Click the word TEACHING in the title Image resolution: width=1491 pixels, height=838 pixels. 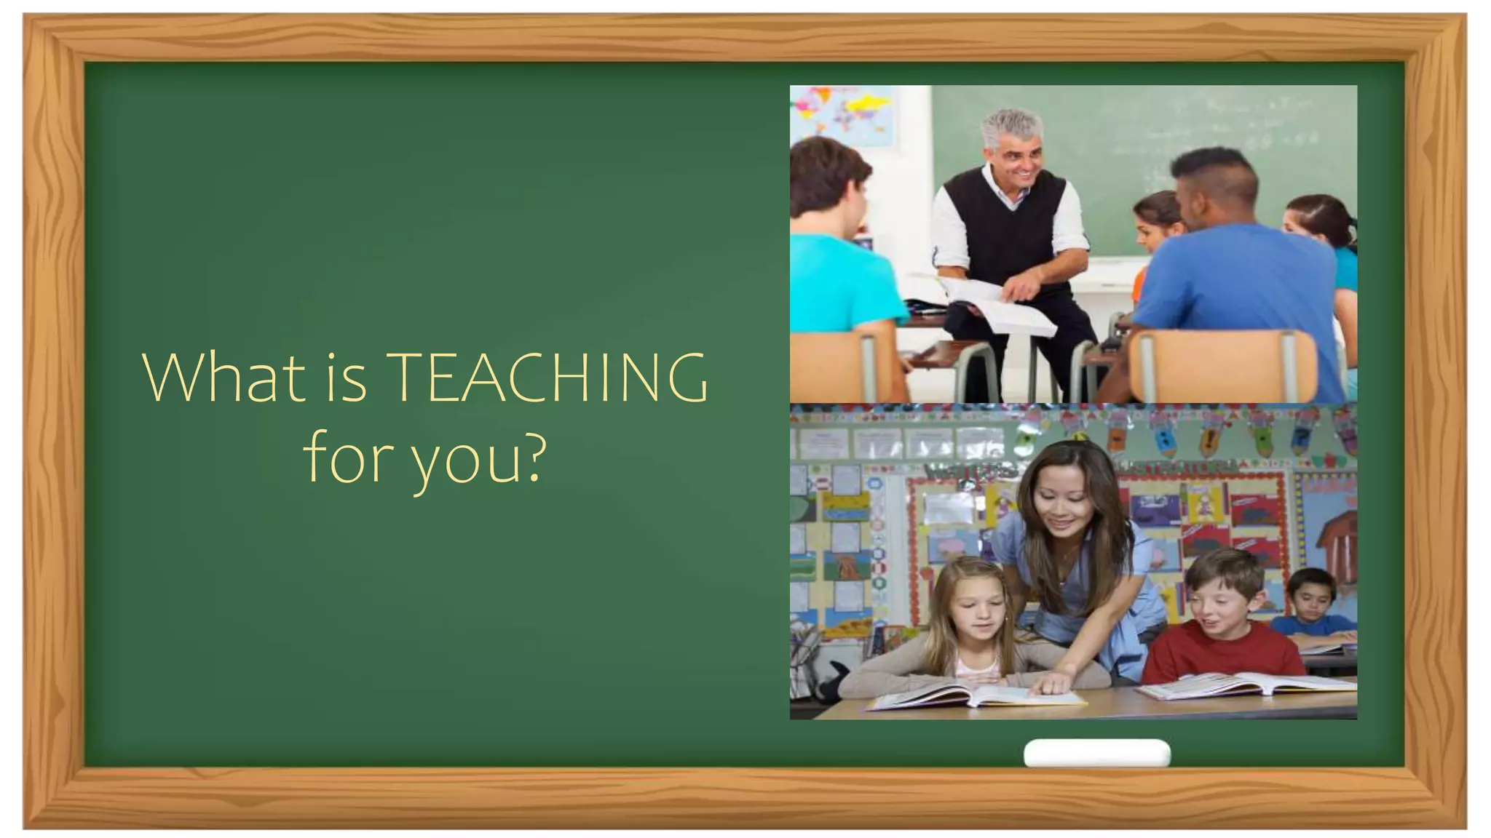point(546,378)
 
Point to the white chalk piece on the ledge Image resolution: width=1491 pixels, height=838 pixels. point(1096,753)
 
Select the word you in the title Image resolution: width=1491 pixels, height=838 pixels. point(466,460)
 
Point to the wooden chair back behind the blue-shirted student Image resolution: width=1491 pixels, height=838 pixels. point(1223,364)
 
